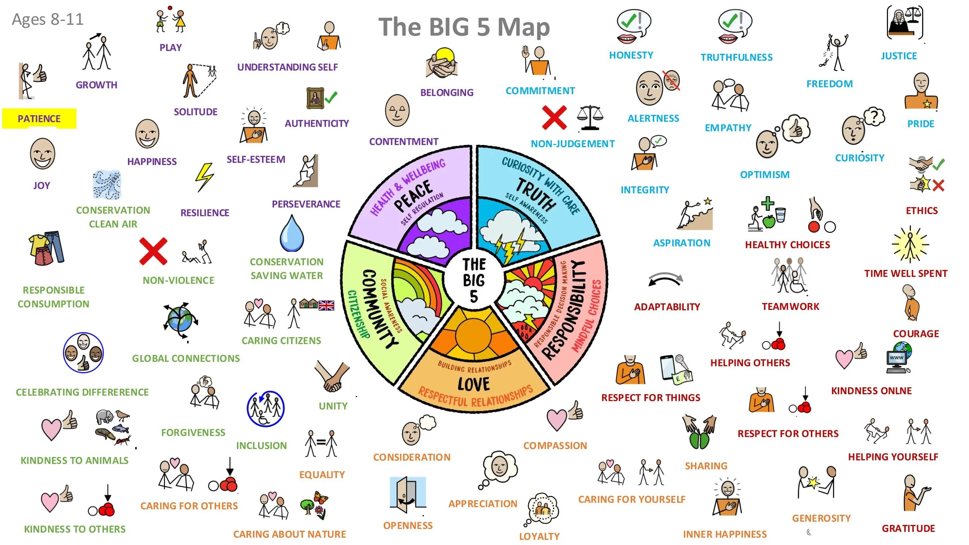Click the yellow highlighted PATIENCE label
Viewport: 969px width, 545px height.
coord(39,119)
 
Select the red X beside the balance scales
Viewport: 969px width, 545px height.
coord(554,117)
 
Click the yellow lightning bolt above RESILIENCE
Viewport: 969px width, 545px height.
coord(204,177)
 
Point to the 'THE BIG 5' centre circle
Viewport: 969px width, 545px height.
coord(474,280)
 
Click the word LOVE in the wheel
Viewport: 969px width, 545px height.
coord(474,384)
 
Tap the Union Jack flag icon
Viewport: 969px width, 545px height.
coord(326,306)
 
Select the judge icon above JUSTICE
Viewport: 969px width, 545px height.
coord(905,22)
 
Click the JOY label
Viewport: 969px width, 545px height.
coord(41,186)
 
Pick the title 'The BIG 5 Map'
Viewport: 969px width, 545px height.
coord(464,27)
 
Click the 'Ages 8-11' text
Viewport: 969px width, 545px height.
coord(48,19)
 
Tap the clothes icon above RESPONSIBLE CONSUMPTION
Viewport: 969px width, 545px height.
coord(47,248)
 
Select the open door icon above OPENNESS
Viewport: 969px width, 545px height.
coord(408,493)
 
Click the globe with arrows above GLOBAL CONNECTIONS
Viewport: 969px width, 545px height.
coord(180,320)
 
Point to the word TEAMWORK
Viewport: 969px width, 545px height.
coord(790,306)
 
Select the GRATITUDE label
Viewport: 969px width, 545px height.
coord(908,528)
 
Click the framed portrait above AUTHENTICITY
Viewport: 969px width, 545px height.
coord(315,98)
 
